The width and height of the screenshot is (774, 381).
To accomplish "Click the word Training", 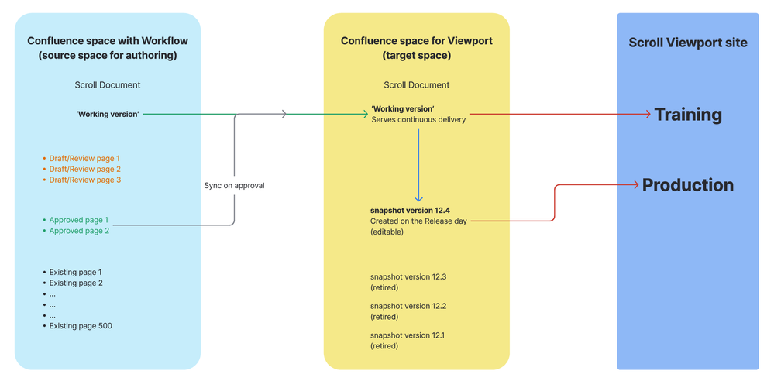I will pos(687,115).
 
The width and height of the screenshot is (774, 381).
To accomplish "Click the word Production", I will pos(687,185).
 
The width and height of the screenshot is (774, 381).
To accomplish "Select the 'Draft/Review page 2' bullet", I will pos(84,169).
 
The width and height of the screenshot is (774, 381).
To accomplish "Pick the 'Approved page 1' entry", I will pos(78,220).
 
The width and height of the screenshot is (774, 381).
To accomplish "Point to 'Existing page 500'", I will pos(81,326).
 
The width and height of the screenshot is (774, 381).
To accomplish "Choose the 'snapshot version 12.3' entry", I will pos(408,276).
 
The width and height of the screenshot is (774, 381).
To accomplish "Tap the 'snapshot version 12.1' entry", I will pos(408,335).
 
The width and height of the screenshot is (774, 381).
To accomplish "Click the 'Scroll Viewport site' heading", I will pos(687,43).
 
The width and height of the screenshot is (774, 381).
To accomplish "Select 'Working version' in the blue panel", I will pos(108,115).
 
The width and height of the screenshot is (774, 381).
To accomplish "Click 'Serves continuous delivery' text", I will pos(418,120).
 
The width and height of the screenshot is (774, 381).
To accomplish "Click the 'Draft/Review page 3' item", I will pos(84,180).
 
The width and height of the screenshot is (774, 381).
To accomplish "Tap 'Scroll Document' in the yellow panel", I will pos(416,85).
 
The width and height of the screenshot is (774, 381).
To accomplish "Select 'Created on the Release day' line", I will pos(418,221).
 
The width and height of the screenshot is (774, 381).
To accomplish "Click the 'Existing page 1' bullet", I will pos(75,272).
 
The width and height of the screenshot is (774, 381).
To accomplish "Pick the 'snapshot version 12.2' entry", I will pos(408,306).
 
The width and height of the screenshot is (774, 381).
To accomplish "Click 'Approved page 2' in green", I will pos(78,231).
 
